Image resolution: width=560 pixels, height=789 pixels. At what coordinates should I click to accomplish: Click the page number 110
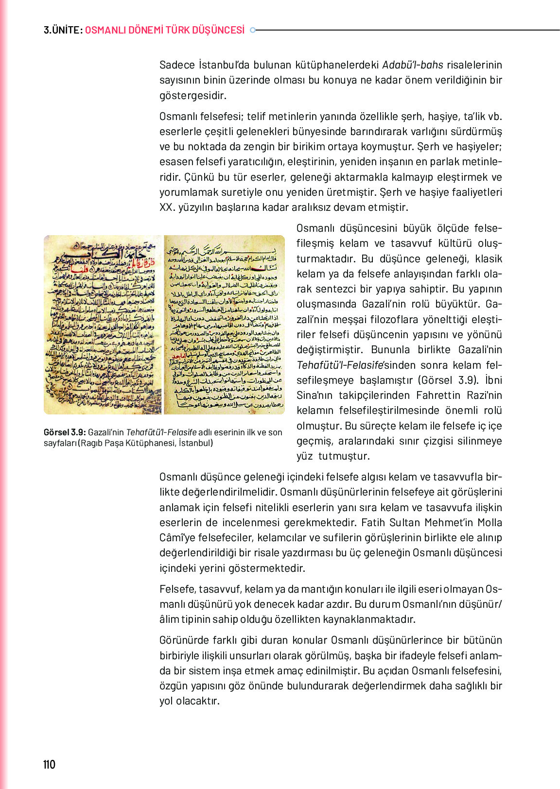point(49,764)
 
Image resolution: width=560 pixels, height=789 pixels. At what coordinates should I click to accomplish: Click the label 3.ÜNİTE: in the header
point(63,30)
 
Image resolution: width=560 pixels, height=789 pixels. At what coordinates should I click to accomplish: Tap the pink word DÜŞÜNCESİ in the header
point(219,30)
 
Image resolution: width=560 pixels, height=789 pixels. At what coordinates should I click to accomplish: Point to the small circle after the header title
point(252,30)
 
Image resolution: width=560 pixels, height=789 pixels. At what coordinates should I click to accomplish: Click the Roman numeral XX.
point(167,207)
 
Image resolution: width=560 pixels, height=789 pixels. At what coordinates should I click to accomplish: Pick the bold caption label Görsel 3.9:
point(65,432)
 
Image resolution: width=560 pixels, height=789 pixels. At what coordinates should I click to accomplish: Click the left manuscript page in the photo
point(103,325)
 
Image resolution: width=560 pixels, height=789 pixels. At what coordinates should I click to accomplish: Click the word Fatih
point(374,523)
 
